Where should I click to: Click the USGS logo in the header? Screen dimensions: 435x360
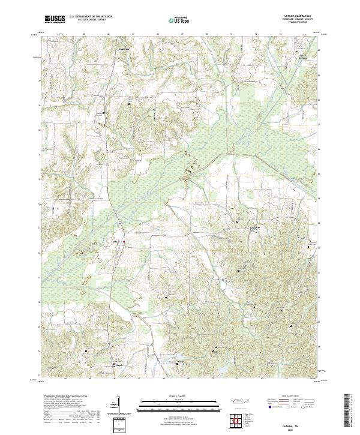click(x=54, y=20)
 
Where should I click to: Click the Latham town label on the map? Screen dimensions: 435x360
click(x=116, y=242)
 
